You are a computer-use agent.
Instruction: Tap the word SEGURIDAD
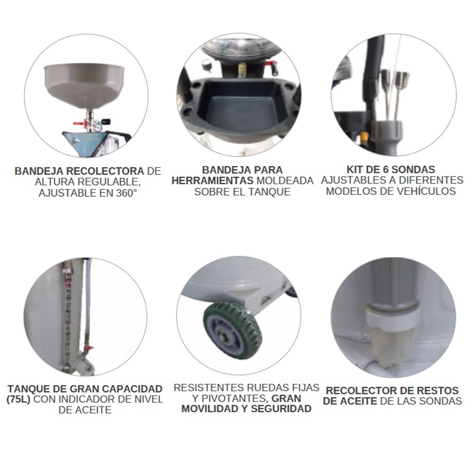(281, 410)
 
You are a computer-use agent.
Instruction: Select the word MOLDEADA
(285, 181)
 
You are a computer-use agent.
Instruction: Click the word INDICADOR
(94, 399)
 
